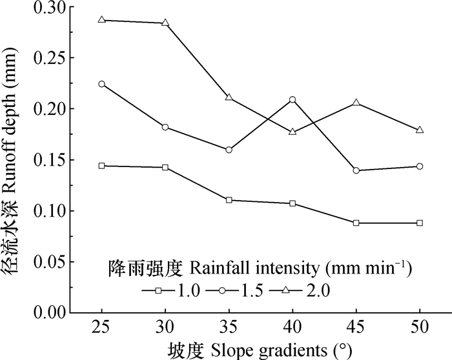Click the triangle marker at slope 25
tap(102, 20)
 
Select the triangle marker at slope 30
tap(165, 23)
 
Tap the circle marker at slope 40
tap(293, 100)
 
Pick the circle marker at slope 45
tap(356, 170)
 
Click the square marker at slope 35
tap(229, 200)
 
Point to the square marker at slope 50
tap(420, 223)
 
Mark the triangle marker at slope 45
tap(356, 103)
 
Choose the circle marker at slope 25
tap(102, 84)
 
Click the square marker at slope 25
tap(102, 166)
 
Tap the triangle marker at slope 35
tap(229, 97)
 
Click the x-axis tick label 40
tap(293, 328)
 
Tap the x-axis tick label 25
tap(102, 328)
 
